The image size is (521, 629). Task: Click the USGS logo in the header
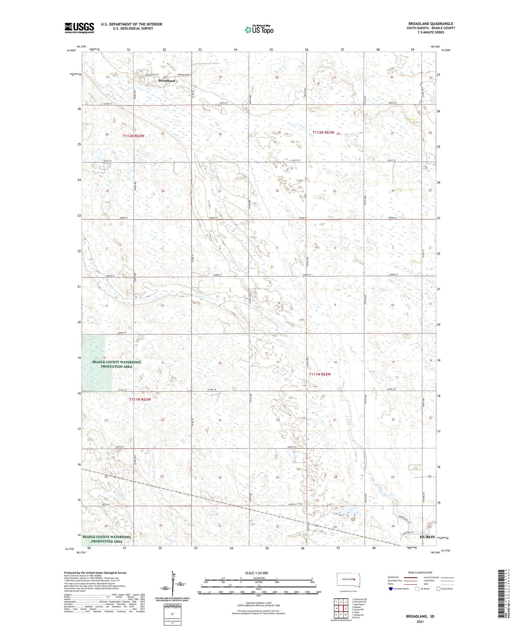coord(79,28)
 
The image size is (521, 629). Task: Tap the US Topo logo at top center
coord(259,30)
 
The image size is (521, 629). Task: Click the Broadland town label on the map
coord(167,81)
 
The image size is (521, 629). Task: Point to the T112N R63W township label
coord(133,136)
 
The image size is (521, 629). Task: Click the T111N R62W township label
coord(320,374)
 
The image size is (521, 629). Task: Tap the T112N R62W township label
coord(323,132)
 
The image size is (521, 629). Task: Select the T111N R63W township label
coord(140,399)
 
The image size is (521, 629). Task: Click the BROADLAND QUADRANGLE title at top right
coord(431,23)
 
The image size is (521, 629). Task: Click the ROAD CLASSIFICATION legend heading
coord(420,572)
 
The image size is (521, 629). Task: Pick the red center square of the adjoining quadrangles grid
coord(341,608)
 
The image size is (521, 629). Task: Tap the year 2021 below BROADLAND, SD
coord(420,622)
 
